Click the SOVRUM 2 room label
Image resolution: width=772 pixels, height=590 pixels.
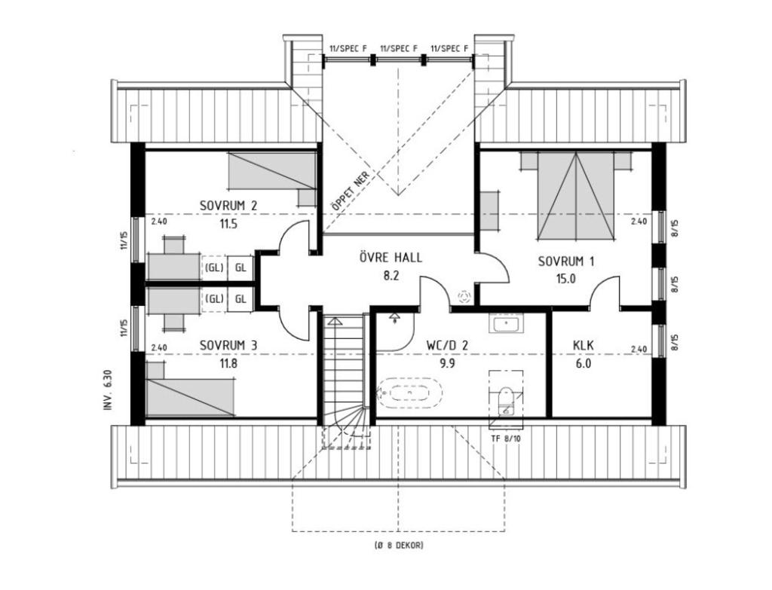(x=228, y=206)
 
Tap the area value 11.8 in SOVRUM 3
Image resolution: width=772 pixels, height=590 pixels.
(x=228, y=362)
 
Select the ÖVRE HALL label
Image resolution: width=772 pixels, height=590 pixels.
(x=390, y=258)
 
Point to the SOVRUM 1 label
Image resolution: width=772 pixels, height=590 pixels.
(x=566, y=261)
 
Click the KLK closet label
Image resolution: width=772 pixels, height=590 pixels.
(x=583, y=345)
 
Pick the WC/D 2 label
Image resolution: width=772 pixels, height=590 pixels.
(x=447, y=345)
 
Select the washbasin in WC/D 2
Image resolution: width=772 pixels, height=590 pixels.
(x=504, y=325)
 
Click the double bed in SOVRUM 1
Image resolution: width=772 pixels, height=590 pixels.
(x=575, y=194)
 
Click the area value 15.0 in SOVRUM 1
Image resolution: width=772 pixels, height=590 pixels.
(x=566, y=278)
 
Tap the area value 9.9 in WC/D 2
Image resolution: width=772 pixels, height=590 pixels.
(x=447, y=362)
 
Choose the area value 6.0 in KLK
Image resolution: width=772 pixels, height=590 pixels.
(x=583, y=362)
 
